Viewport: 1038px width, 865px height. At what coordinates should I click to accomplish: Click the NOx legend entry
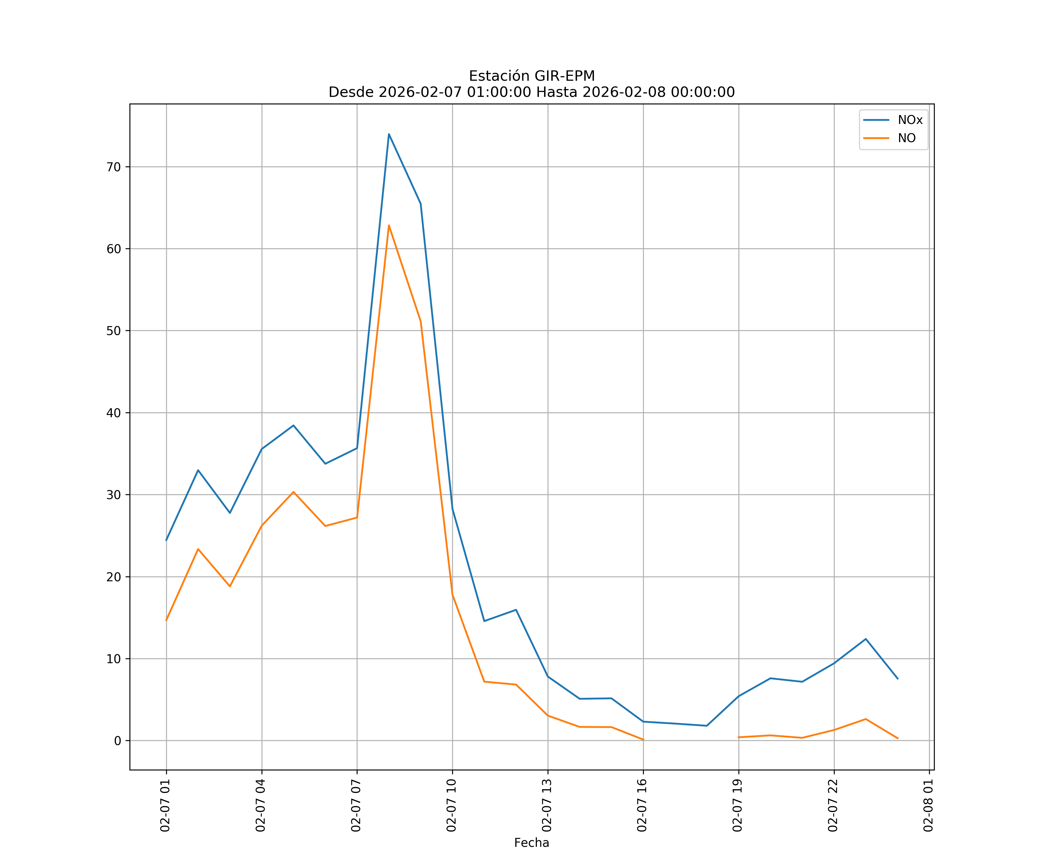tap(909, 120)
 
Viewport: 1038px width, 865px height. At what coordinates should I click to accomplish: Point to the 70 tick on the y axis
tap(114, 167)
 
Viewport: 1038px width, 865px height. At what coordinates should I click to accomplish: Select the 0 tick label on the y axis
tap(118, 741)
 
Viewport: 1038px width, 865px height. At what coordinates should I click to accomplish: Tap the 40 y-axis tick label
tap(114, 413)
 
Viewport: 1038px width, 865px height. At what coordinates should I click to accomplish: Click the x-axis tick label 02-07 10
tap(451, 805)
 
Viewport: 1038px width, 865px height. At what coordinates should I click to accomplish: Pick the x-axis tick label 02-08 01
tap(928, 805)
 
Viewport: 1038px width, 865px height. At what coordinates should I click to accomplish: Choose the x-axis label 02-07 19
tap(738, 805)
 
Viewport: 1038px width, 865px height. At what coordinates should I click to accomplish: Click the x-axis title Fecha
tap(531, 843)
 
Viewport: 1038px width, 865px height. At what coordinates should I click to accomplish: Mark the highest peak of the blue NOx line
tap(389, 134)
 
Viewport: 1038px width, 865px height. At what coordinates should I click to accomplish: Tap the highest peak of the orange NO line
tap(389, 225)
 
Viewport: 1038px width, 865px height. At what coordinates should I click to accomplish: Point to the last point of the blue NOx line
tap(898, 679)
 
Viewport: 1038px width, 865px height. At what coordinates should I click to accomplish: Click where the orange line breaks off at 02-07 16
tap(643, 740)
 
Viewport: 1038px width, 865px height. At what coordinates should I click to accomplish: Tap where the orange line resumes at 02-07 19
tap(738, 738)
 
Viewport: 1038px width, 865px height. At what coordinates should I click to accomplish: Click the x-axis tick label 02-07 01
tap(165, 805)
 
